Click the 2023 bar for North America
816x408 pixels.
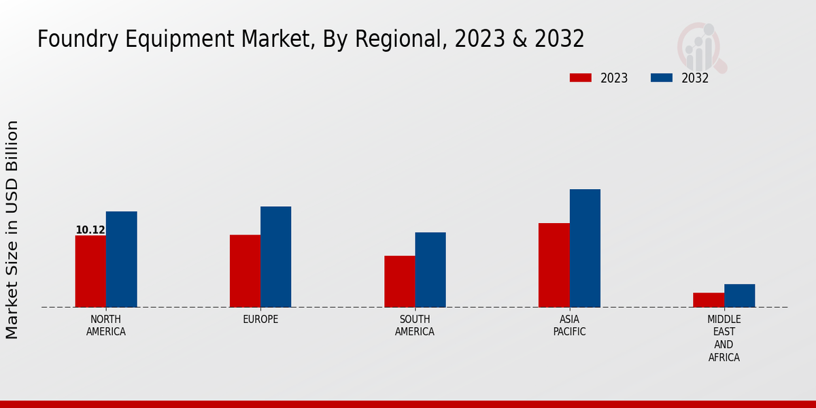pos(90,271)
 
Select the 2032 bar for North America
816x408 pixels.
pos(121,259)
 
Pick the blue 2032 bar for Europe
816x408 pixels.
pos(275,256)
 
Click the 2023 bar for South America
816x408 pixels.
pos(399,282)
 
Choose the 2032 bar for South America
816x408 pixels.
pos(430,269)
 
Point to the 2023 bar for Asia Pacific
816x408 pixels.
pos(554,265)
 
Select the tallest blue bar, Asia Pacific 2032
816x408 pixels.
pos(585,248)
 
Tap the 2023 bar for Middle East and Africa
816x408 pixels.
pos(709,300)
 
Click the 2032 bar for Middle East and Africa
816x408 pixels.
pos(739,296)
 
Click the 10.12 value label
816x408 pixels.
pos(90,230)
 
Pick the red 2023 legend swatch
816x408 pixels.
pos(581,78)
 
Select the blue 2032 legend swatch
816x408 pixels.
pos(661,78)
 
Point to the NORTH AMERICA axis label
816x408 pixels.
pos(106,326)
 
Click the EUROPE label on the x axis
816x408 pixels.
pos(260,320)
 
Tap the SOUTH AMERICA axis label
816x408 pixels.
pos(415,326)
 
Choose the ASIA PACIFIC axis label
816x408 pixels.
pos(569,326)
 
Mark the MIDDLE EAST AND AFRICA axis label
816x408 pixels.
pos(724,338)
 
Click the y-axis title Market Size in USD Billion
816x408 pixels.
pos(12,230)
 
